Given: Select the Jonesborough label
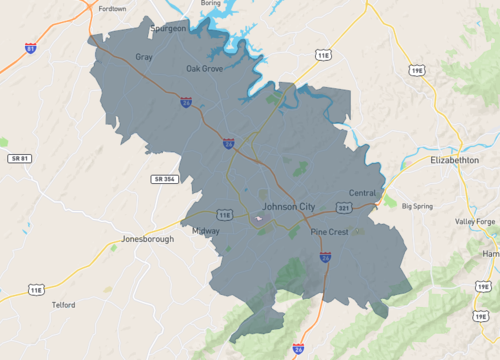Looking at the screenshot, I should (x=147, y=239).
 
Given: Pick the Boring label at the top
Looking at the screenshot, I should (x=210, y=3).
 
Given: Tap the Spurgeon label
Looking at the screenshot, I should (x=168, y=29).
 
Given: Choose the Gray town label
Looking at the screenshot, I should (x=144, y=58).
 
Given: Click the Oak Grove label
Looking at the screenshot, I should (x=204, y=69).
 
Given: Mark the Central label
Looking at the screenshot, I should (x=362, y=193).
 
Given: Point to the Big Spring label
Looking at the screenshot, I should (x=418, y=206).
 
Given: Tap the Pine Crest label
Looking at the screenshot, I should (x=328, y=232).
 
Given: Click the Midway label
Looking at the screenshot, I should (x=206, y=230).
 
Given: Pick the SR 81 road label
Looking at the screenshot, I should (x=20, y=158).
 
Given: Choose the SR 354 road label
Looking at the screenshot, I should (x=164, y=178).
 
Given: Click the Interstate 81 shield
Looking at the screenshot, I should (x=31, y=48).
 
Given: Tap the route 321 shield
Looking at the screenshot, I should (x=343, y=208).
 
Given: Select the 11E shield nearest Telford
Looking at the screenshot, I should (x=36, y=290).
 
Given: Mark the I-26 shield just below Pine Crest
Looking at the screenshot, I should (x=326, y=257).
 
